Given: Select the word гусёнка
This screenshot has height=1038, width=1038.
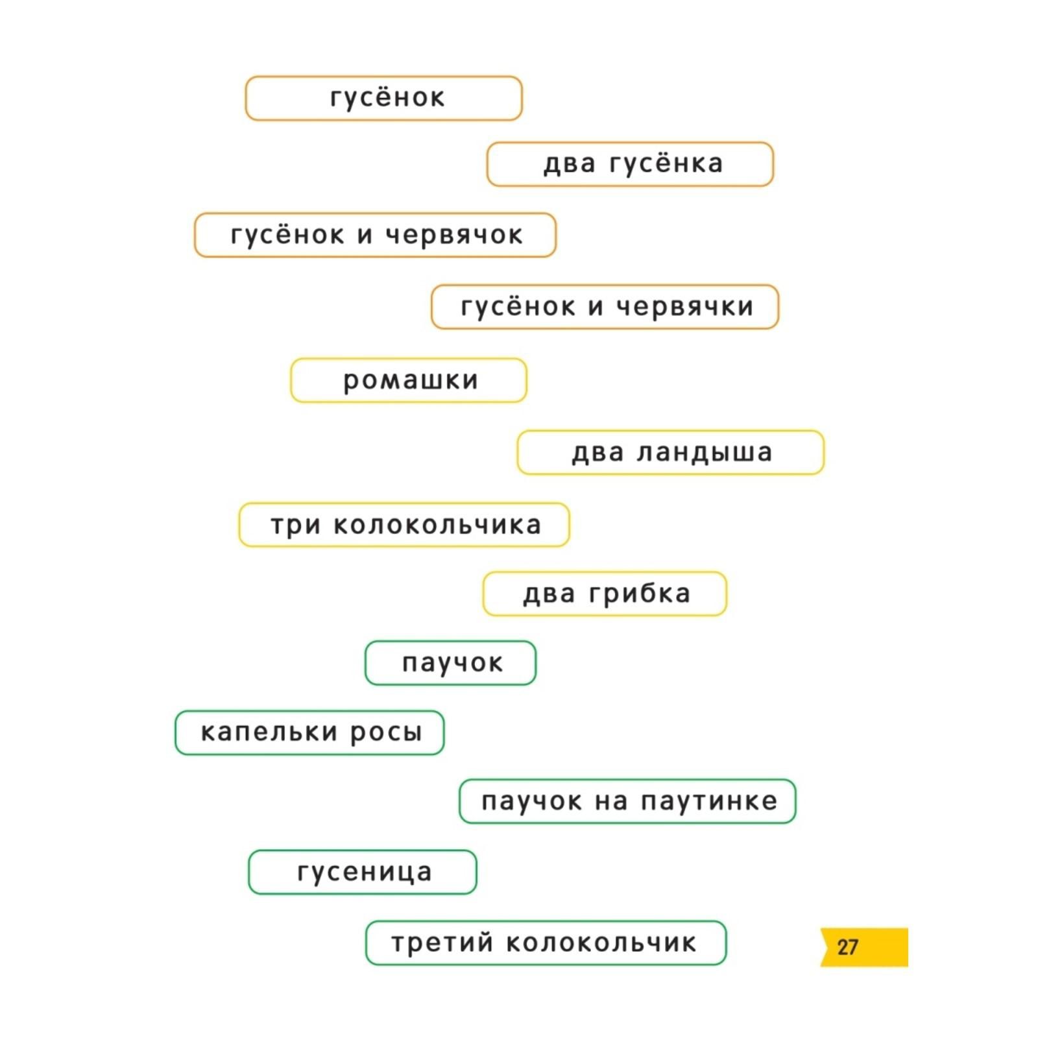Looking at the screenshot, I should pyautogui.click(x=666, y=164).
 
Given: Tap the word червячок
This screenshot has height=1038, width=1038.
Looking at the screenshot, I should pyautogui.click(x=454, y=235).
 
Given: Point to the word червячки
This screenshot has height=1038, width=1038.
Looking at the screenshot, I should pyautogui.click(x=684, y=307).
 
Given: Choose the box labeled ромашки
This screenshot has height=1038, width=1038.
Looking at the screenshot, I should pyautogui.click(x=409, y=380).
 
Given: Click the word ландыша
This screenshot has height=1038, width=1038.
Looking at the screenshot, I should pyautogui.click(x=705, y=452).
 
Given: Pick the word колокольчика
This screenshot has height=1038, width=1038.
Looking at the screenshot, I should pyautogui.click(x=437, y=525).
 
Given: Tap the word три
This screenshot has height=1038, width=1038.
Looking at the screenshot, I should pyautogui.click(x=296, y=525).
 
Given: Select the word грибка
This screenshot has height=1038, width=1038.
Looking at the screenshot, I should pyautogui.click(x=640, y=594).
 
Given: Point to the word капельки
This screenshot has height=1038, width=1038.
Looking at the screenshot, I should pyautogui.click(x=269, y=732).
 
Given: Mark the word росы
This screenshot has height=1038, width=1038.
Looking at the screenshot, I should pyautogui.click(x=387, y=733).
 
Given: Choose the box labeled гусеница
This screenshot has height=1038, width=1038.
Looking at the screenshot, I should pyautogui.click(x=363, y=872).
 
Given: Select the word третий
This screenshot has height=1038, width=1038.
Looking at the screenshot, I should pyautogui.click(x=442, y=943).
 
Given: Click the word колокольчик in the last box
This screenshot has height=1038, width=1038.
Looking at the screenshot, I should pyautogui.click(x=601, y=943).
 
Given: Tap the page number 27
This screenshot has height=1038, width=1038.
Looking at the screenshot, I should pyautogui.click(x=847, y=947).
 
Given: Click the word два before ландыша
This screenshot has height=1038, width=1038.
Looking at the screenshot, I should pyautogui.click(x=597, y=453).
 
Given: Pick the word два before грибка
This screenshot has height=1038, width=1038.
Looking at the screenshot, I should pyautogui.click(x=549, y=594).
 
